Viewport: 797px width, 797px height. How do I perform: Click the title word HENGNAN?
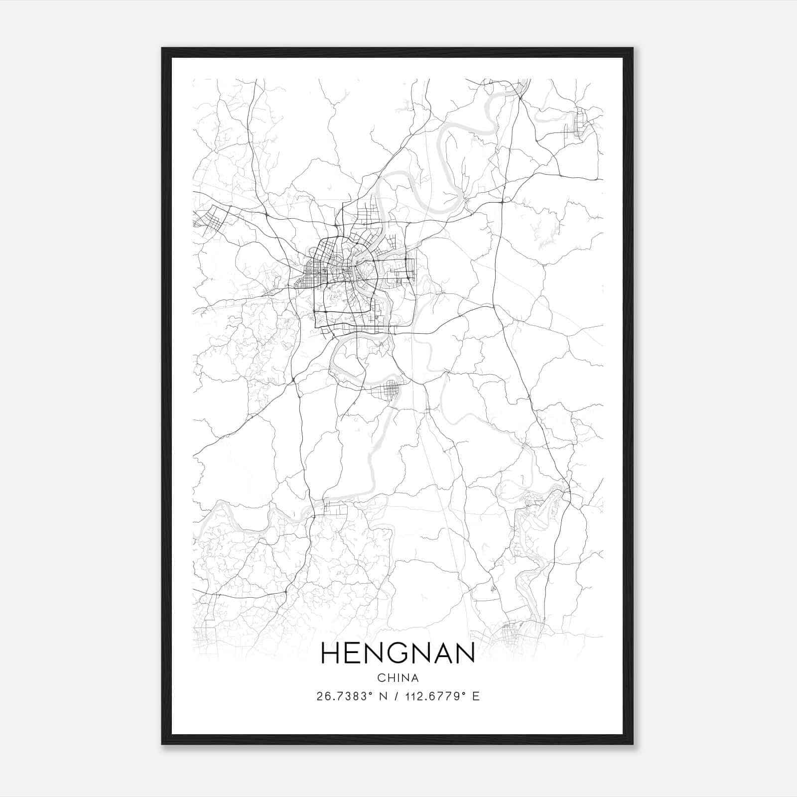pos(398,653)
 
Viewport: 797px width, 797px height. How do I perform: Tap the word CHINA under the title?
pos(398,678)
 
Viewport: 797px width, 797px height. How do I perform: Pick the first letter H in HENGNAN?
pos(331,653)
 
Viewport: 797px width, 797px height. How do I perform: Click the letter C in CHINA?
pos(381,678)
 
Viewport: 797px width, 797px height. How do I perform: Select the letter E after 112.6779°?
pos(476,696)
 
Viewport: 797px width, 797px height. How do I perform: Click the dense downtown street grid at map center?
pos(344,269)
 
